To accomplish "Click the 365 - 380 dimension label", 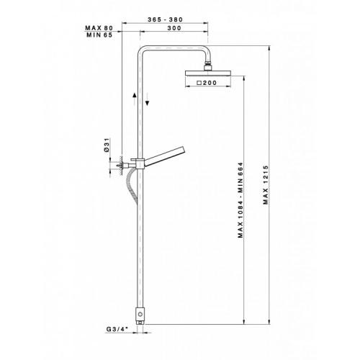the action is click(x=165, y=19).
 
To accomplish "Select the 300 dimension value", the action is click(x=174, y=28).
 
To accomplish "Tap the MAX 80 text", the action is click(x=99, y=28).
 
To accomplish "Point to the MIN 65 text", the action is click(x=99, y=35).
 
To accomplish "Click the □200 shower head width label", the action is click(x=207, y=83).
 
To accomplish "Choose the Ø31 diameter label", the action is click(x=107, y=145).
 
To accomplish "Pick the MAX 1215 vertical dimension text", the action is click(x=266, y=185).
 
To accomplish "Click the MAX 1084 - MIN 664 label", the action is click(x=240, y=200).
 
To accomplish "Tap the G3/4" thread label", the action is click(x=116, y=329).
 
